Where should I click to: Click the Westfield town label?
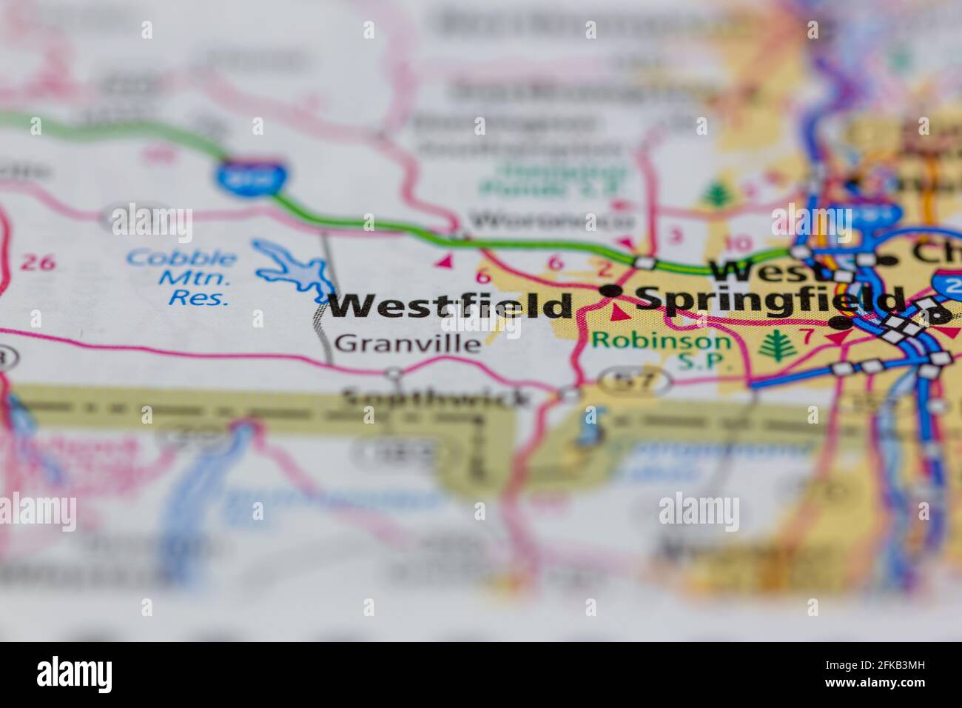[451, 305]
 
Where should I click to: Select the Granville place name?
[407, 344]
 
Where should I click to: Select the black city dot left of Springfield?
[611, 292]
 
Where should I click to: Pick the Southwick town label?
[435, 398]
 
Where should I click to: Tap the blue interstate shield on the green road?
[252, 175]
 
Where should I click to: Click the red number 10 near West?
[738, 242]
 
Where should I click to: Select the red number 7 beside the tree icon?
[807, 335]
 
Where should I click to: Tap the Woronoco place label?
[552, 221]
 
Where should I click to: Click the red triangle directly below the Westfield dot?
[621, 315]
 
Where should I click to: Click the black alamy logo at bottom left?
[74, 674]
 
